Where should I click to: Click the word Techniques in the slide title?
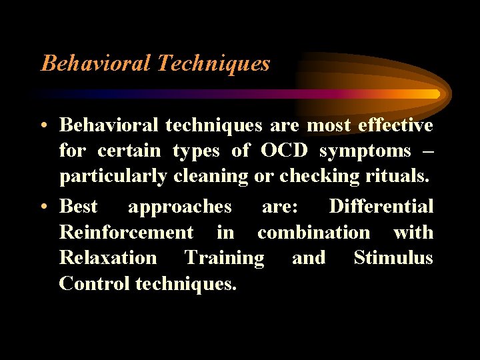coord(213,63)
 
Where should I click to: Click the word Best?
coord(79,207)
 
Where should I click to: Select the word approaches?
coord(180,207)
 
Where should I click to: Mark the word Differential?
coord(381,207)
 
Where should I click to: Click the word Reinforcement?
coord(126,233)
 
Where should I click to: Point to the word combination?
coord(313,233)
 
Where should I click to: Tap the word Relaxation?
coord(108,258)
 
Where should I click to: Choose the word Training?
coord(224,259)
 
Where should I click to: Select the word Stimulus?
coord(393,258)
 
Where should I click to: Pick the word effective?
coord(395,125)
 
